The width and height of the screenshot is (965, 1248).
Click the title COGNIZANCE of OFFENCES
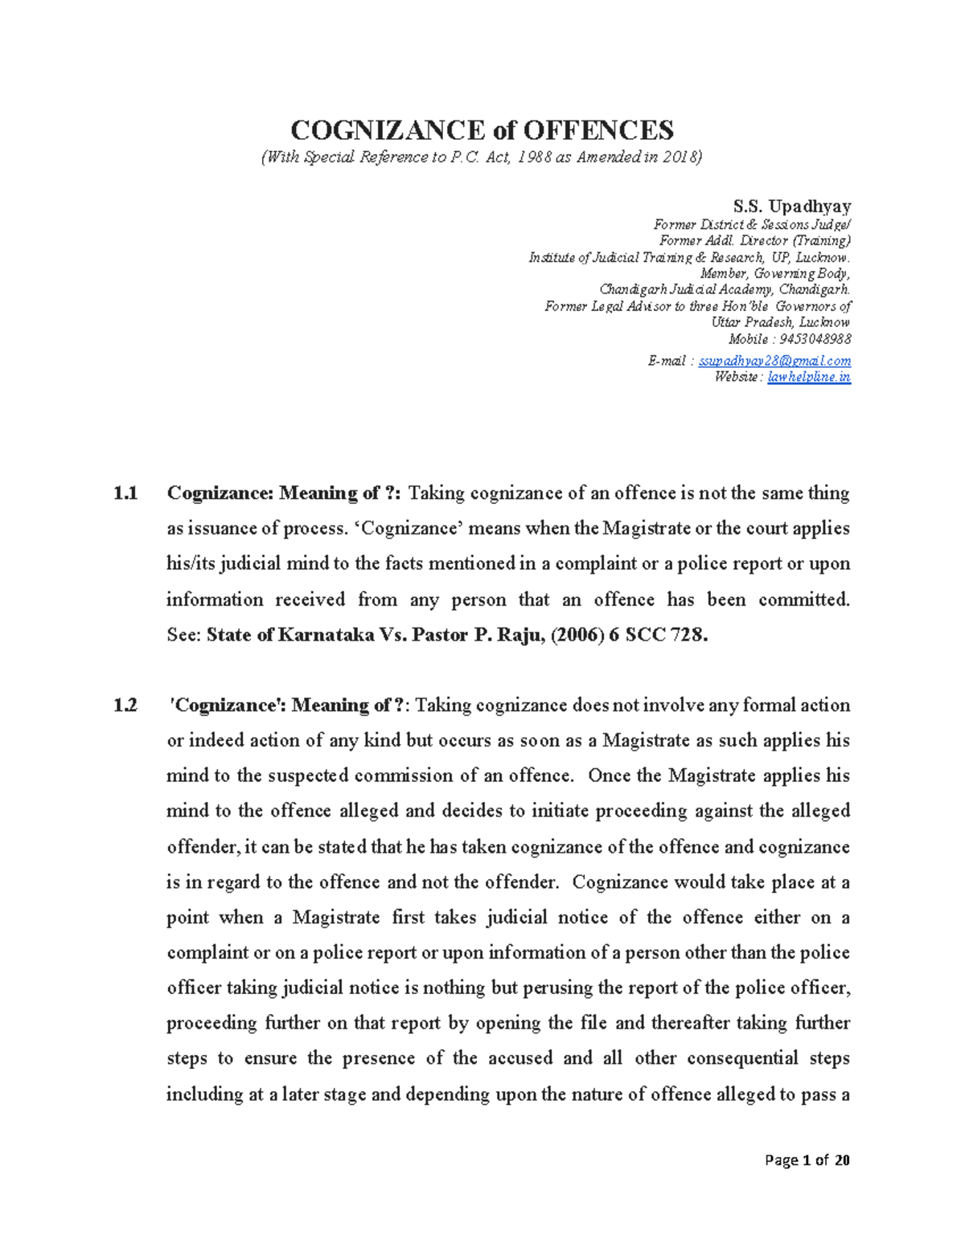pos(482,129)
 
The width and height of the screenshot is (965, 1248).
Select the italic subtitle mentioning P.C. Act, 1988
pos(482,158)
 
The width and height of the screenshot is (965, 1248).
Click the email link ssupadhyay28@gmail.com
pos(774,361)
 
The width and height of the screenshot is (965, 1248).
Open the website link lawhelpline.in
pos(808,377)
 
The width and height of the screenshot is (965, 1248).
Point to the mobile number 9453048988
pos(815,339)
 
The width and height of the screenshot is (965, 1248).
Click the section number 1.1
pos(125,493)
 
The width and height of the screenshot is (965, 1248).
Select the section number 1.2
pos(125,706)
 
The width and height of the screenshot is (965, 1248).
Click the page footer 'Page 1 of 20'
pos(807,1160)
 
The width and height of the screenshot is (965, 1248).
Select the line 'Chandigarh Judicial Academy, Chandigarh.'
pos(725,289)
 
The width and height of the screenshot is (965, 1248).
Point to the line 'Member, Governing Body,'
pos(775,273)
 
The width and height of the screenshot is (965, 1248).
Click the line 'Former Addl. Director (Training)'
pos(754,241)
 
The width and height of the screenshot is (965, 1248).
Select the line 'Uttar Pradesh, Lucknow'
pos(780,322)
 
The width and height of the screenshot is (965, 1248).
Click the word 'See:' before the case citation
pos(183,635)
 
